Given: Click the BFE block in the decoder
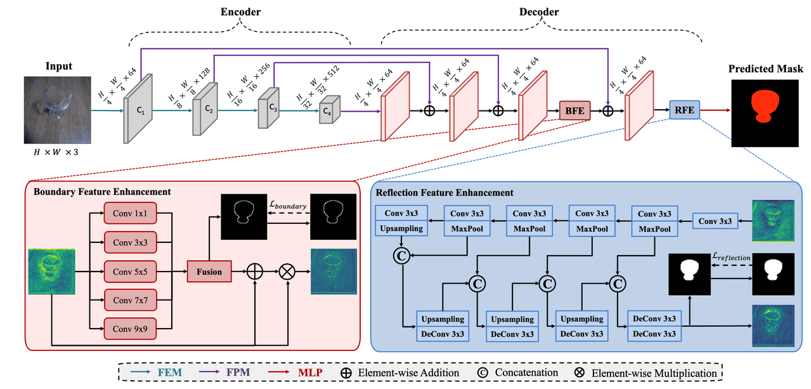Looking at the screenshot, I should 574,110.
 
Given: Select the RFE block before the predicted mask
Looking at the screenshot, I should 684,110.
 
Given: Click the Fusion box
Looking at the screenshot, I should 209,272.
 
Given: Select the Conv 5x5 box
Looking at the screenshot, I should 131,271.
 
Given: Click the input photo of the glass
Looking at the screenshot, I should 56,108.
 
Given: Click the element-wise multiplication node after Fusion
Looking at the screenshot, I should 288,272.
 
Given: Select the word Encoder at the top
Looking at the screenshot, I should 240,12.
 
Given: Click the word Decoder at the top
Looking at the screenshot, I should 540,12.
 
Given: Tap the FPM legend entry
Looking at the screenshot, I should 246,372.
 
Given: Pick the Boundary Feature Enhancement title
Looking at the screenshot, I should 103,192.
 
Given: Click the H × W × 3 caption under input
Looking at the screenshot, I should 55,152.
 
